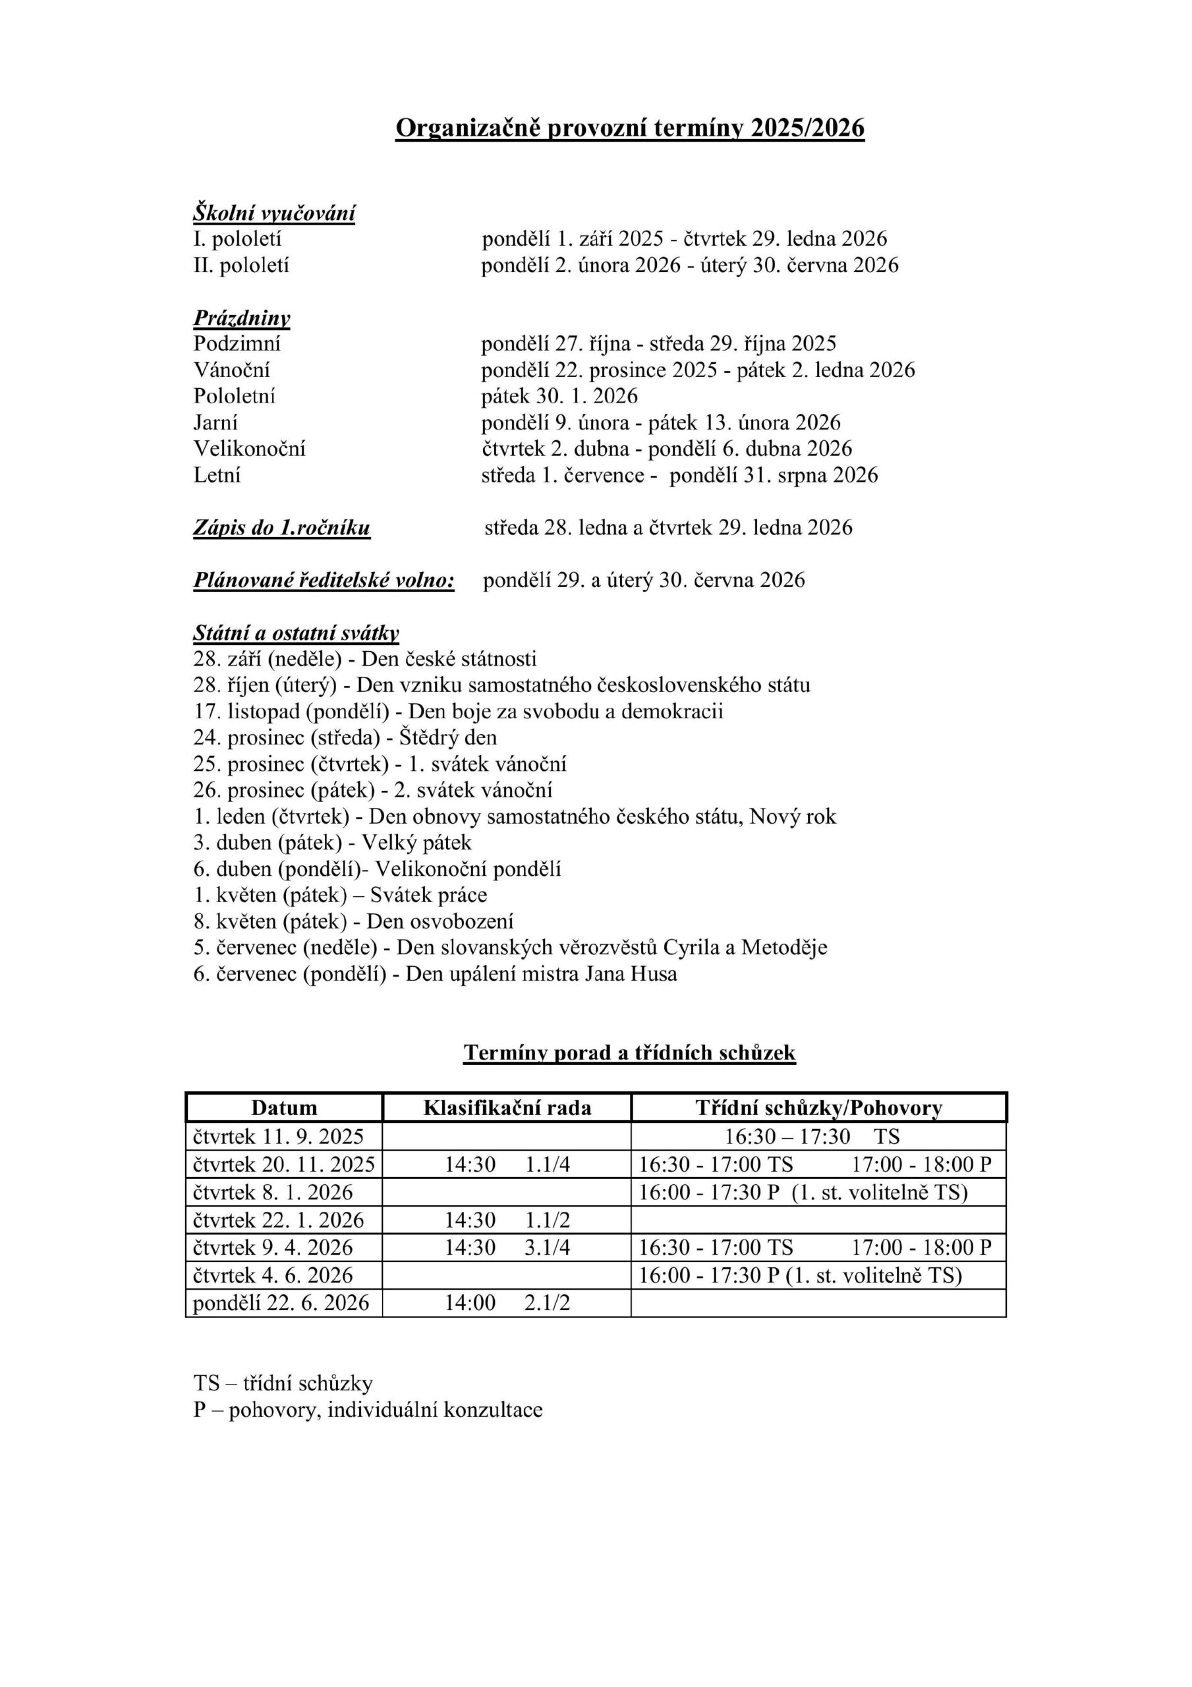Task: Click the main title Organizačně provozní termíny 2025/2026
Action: click(629, 129)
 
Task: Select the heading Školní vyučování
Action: click(274, 213)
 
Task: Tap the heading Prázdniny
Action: click(242, 318)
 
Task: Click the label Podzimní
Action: click(237, 344)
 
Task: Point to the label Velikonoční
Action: click(249, 449)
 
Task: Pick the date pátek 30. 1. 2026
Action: click(559, 397)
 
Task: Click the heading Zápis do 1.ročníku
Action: click(281, 528)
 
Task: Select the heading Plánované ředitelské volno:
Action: click(324, 581)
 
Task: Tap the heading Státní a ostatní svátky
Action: click(296, 633)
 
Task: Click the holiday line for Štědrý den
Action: click(345, 737)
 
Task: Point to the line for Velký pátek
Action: click(332, 843)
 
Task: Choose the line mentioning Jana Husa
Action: click(435, 974)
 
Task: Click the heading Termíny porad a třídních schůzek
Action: click(629, 1053)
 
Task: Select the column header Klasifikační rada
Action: click(507, 1108)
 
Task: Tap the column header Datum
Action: click(284, 1108)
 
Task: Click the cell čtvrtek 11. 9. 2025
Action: click(279, 1137)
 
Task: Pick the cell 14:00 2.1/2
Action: click(507, 1303)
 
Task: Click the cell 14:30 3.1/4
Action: click(507, 1247)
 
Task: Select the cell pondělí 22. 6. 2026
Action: click(281, 1303)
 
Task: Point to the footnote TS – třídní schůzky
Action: click(283, 1384)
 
